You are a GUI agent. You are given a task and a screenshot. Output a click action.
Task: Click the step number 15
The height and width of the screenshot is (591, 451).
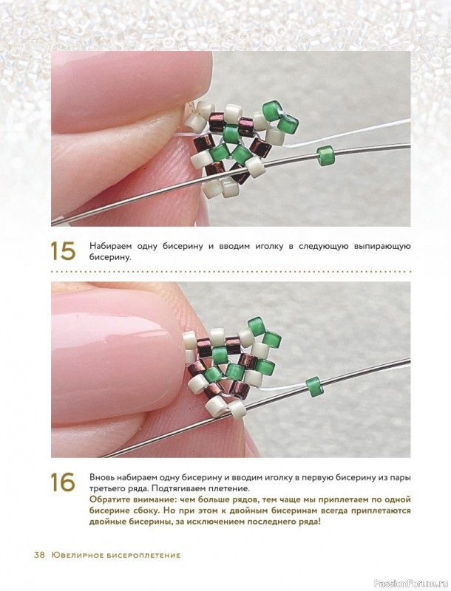[x=63, y=250]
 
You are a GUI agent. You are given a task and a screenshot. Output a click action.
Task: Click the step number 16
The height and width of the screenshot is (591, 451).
[x=63, y=482]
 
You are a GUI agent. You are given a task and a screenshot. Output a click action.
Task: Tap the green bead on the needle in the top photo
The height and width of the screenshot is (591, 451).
[x=324, y=156]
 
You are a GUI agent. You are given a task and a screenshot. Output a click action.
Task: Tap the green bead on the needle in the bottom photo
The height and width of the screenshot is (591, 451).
[x=313, y=387]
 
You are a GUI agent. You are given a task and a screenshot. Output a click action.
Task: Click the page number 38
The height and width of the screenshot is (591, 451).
[x=39, y=556]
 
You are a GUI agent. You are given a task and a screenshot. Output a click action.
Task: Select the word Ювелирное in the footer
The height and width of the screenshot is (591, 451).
[x=68, y=556]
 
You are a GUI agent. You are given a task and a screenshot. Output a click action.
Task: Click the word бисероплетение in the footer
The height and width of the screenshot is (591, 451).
[x=135, y=556]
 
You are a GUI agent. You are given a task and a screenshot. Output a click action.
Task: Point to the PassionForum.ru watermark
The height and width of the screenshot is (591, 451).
[x=419, y=584]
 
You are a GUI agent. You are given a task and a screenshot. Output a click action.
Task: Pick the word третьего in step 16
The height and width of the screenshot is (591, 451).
[x=106, y=489]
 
